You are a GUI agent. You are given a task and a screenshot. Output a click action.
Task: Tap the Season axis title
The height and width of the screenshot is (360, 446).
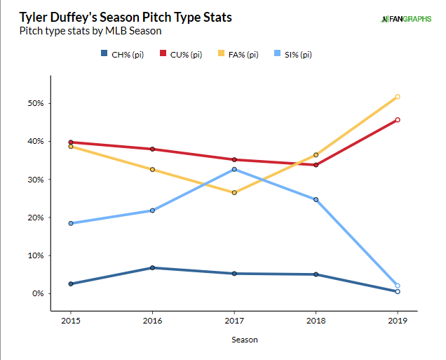tap(234, 340)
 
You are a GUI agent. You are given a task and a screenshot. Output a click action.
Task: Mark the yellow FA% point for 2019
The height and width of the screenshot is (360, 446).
tap(398, 97)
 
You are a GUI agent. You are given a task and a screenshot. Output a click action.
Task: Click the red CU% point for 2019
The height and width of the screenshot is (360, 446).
tap(398, 120)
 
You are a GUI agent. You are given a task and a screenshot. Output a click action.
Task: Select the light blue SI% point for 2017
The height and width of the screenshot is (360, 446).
tap(234, 169)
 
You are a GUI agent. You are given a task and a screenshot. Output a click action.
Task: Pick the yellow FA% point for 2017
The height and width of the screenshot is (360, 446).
tap(234, 192)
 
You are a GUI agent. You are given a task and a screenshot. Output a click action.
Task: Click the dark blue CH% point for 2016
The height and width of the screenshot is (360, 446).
tap(152, 267)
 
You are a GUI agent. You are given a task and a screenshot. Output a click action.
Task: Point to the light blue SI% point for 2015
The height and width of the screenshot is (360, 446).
tap(71, 223)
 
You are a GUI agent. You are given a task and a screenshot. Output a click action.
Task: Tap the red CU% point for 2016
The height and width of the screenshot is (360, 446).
tap(152, 149)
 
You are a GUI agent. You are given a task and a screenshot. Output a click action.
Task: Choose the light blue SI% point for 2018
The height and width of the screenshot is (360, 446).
tap(316, 199)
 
